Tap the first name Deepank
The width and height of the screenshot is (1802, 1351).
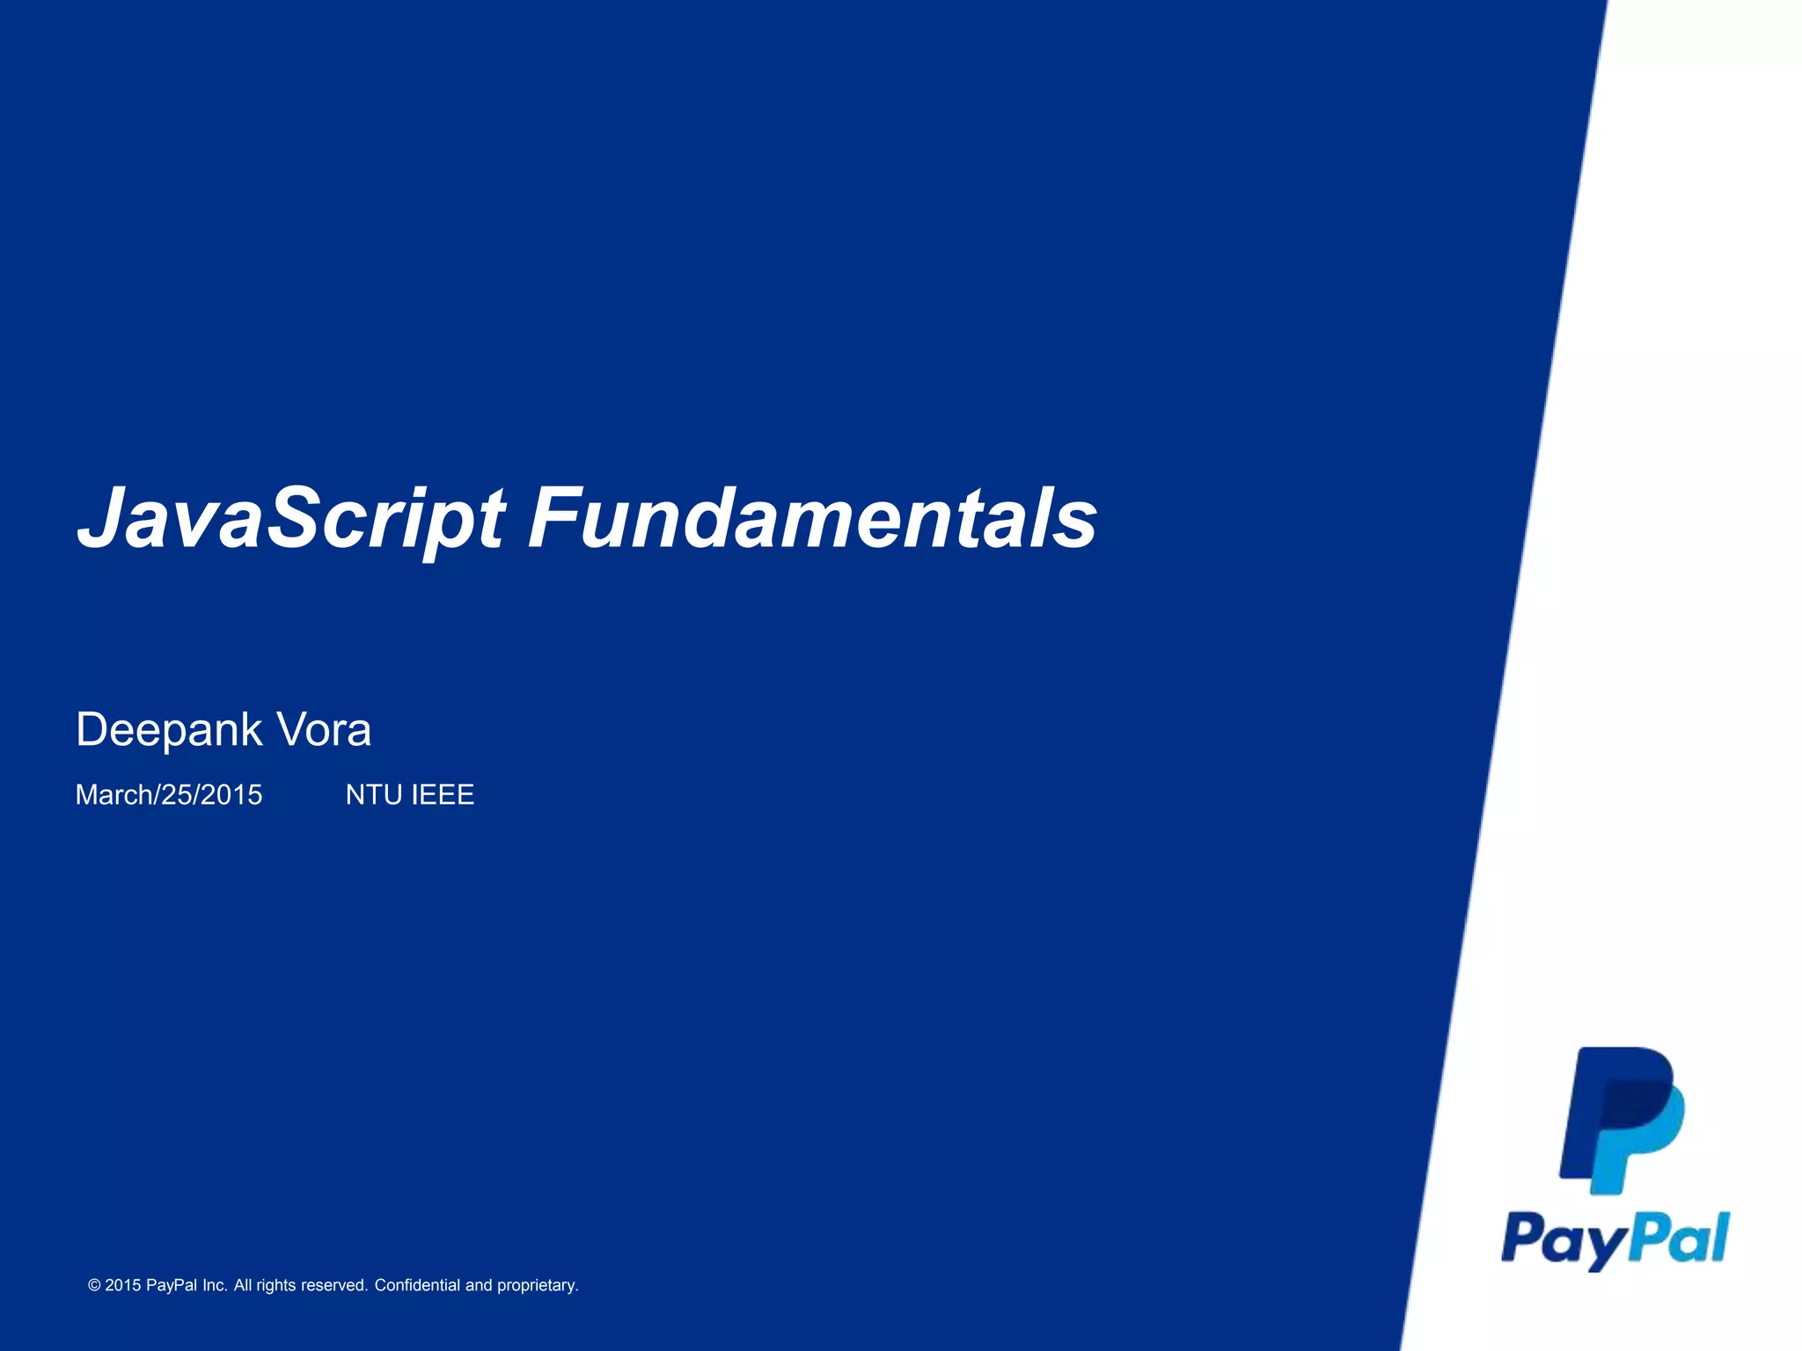169,730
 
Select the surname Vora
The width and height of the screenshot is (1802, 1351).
324,730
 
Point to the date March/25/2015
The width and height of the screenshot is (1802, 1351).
169,795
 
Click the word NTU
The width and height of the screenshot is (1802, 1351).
374,795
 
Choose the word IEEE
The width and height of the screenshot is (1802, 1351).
443,795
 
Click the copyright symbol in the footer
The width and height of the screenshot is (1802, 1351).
94,1286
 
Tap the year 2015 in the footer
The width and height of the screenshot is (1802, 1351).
123,1286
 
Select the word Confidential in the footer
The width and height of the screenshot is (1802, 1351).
417,1286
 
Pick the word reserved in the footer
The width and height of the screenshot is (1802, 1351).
333,1286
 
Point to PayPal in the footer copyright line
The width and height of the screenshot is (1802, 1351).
171,1286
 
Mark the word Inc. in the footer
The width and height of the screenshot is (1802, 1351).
215,1286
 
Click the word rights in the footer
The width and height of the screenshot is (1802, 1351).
276,1286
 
